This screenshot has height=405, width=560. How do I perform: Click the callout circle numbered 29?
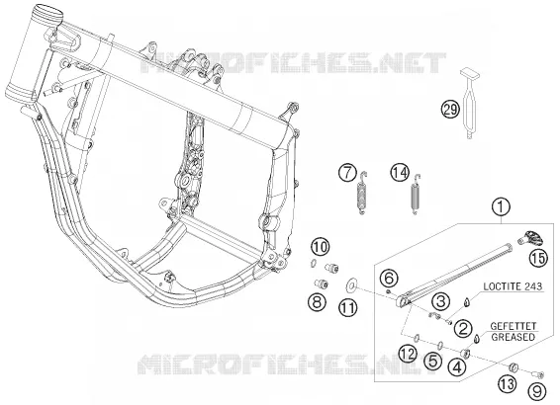click(450, 109)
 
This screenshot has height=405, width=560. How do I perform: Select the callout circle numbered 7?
click(348, 172)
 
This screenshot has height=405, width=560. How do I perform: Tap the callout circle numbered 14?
click(400, 173)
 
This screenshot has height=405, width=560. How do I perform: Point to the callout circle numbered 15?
click(538, 258)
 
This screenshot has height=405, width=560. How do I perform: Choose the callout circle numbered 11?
click(348, 307)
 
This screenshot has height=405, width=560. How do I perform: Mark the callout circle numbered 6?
click(389, 279)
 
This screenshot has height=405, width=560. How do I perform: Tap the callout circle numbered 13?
click(508, 383)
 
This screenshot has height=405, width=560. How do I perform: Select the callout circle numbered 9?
click(537, 391)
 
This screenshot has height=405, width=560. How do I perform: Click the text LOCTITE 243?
click(513, 286)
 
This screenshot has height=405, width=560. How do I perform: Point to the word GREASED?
click(513, 337)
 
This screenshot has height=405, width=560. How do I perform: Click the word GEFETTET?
click(513, 326)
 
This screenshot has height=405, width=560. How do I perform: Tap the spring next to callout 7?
click(362, 193)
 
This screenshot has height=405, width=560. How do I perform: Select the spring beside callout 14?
click(415, 194)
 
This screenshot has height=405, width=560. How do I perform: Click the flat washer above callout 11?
click(351, 284)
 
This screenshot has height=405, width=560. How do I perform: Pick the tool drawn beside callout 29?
click(469, 104)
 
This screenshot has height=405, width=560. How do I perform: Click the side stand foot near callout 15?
click(531, 238)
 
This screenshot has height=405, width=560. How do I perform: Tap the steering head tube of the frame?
click(33, 53)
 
